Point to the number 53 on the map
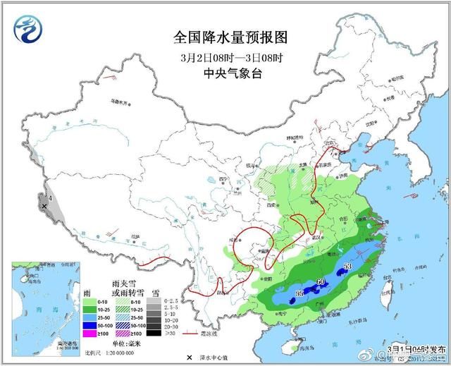(x=347, y=267)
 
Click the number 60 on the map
(x=321, y=283)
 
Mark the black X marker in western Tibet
(x=44, y=206)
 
